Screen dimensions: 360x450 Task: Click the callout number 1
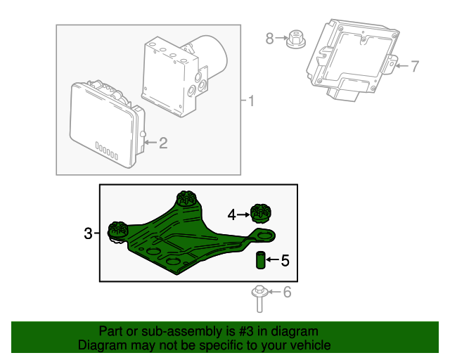[x=250, y=101]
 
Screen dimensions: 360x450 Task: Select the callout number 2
[x=163, y=143]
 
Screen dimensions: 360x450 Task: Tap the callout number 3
[x=88, y=233]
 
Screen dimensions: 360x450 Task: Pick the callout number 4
[x=232, y=213]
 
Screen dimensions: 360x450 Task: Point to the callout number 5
[x=285, y=261]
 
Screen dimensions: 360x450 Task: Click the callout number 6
[x=286, y=292]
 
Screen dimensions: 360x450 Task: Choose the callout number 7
[x=414, y=67]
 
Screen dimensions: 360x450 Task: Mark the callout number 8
[x=269, y=38]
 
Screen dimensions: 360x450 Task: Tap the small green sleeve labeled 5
[x=259, y=260]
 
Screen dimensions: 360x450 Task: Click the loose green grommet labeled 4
[x=261, y=212]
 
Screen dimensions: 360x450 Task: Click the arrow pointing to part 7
[x=401, y=67]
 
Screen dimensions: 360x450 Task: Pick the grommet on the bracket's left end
[x=117, y=229]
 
